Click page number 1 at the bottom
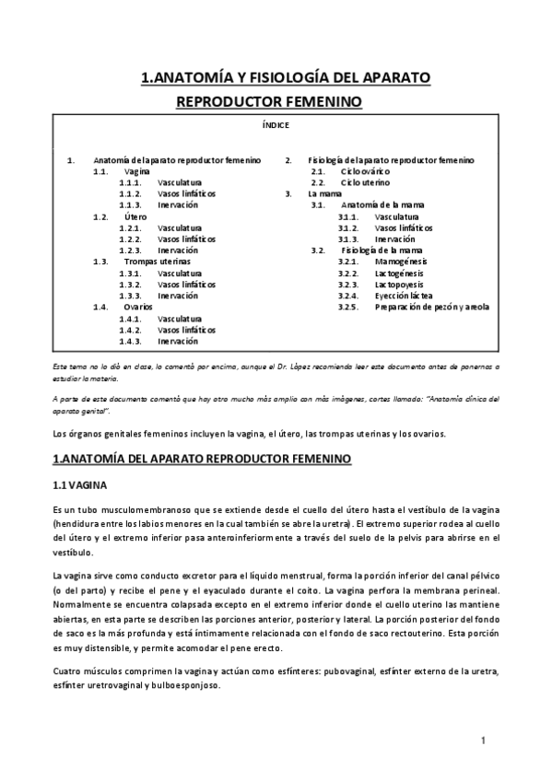pyautogui.click(x=483, y=740)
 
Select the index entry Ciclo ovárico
pyautogui.click(x=365, y=171)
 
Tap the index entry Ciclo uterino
pyautogui.click(x=364, y=182)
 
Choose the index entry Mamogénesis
pyautogui.click(x=400, y=262)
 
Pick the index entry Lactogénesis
pyautogui.click(x=400, y=273)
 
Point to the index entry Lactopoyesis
pyautogui.click(x=399, y=285)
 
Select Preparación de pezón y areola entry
pyautogui.click(x=431, y=307)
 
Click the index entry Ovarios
pyautogui.click(x=138, y=307)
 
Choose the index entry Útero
pyautogui.click(x=135, y=216)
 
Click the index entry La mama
pyautogui.click(x=324, y=194)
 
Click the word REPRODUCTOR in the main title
pyautogui.click(x=229, y=99)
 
